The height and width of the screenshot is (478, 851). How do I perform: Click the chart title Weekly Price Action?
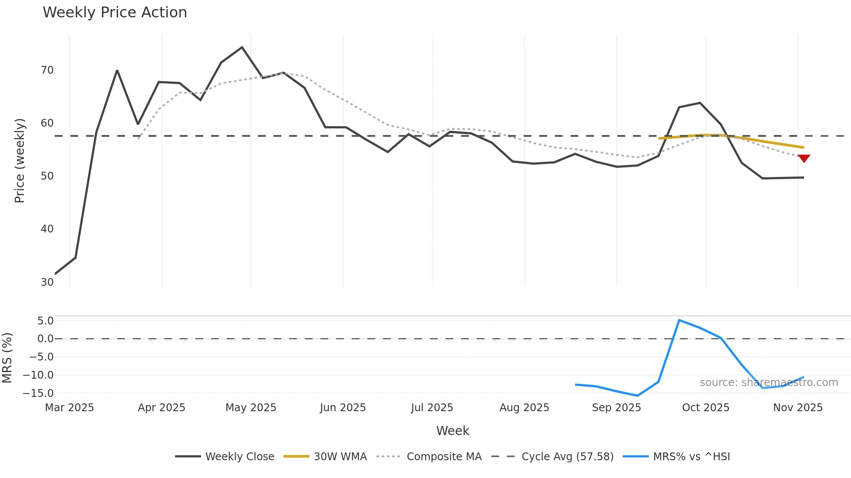115,13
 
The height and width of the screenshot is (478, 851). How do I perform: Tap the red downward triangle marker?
804,158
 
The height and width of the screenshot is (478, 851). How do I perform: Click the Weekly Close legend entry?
225,456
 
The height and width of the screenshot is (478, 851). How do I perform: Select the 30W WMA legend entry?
325,456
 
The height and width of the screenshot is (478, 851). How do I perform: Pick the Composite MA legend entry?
429,456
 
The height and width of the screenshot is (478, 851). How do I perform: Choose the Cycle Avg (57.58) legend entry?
553,456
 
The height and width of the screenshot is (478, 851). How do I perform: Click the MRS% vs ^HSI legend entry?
676,456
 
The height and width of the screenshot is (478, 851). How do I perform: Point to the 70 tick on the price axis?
47,70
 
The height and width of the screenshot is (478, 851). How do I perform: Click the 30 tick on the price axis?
47,282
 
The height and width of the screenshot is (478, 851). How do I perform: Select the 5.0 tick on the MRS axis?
45,321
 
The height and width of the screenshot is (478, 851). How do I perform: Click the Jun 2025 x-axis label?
343,408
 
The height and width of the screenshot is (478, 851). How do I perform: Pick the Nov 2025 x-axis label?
798,408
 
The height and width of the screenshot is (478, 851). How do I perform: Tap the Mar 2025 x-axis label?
69,408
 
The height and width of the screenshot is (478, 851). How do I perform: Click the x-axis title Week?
452,431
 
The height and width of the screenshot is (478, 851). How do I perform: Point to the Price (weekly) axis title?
20,160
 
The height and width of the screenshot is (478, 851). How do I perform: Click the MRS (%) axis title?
7,358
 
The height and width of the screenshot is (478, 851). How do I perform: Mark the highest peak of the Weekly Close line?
242,47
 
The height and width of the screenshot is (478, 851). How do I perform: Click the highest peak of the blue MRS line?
679,320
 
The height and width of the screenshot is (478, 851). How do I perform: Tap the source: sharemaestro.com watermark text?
769,383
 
